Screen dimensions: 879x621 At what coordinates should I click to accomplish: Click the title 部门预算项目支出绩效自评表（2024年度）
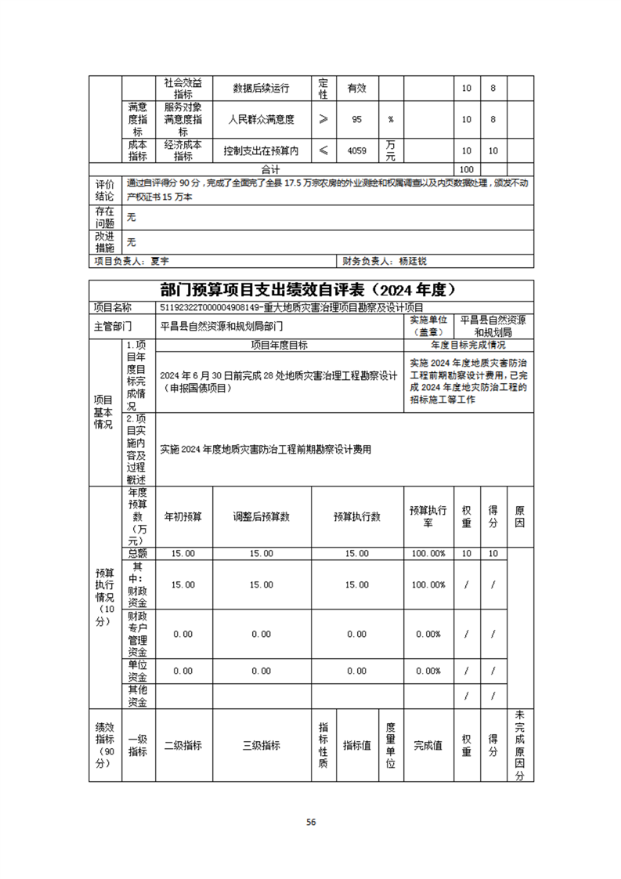click(x=311, y=290)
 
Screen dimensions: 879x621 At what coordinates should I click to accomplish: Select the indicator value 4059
click(x=356, y=150)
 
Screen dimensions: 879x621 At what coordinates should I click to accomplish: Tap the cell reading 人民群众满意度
click(x=262, y=120)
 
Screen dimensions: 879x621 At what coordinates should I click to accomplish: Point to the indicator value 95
click(x=356, y=120)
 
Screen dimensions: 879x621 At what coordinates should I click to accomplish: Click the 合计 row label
click(x=271, y=169)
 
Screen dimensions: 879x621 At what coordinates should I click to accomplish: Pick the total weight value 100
click(x=467, y=169)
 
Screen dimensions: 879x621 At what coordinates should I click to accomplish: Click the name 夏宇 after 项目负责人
click(x=160, y=261)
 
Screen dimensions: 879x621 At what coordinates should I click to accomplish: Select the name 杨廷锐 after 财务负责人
click(x=413, y=261)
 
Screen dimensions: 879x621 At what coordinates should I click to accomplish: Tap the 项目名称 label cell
click(x=113, y=308)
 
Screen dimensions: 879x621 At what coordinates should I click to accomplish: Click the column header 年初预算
click(x=183, y=517)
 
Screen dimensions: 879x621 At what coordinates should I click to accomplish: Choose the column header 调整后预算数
click(x=262, y=517)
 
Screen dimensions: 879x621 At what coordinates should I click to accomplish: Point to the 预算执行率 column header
click(x=428, y=516)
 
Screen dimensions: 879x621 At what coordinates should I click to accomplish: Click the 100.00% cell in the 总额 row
click(x=428, y=553)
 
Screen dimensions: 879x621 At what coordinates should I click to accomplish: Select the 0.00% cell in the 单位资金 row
click(x=428, y=671)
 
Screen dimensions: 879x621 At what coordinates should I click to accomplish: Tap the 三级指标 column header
click(x=262, y=746)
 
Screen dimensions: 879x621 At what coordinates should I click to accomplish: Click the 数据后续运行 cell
click(x=262, y=88)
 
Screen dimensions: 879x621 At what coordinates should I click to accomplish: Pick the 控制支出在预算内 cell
click(x=262, y=150)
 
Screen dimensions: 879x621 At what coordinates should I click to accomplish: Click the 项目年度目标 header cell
click(x=279, y=345)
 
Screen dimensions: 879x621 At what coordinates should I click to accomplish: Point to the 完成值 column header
click(x=428, y=746)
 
